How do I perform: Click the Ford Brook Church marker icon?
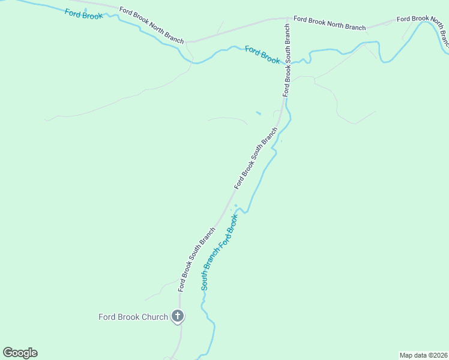point(177,316)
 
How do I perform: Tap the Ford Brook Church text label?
point(133,317)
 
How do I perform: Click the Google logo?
point(20,353)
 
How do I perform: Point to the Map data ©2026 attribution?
point(423,355)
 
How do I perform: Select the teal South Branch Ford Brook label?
point(220,252)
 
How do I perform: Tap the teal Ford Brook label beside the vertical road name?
point(262,55)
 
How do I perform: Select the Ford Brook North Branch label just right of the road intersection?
point(330,23)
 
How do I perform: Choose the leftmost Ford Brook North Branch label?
point(151,25)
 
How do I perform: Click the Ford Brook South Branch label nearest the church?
point(196,260)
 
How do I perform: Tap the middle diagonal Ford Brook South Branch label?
point(256,158)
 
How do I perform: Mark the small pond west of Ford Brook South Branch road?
point(258,113)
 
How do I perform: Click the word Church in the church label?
point(154,317)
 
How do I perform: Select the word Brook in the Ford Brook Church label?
point(128,317)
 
